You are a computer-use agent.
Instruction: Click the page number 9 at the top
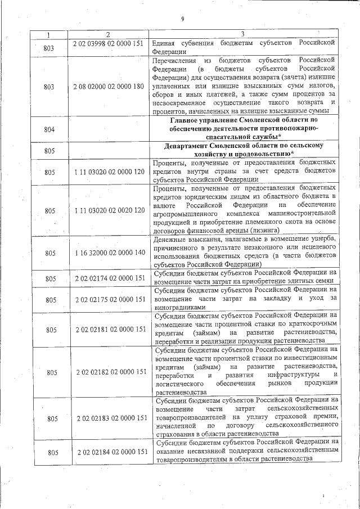183,19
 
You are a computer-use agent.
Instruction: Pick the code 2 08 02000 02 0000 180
109,86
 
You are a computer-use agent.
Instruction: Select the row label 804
49,129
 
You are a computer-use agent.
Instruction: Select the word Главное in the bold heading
188,120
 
